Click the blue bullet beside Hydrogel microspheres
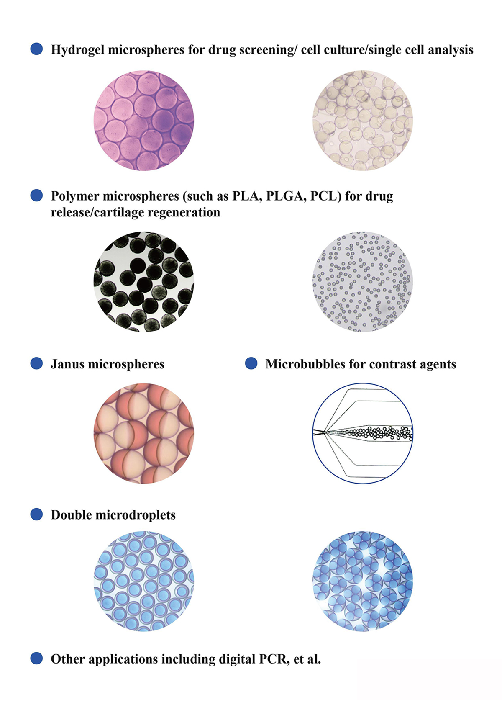[36, 49]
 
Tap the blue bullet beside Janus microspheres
[36, 363]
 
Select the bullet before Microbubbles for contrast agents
[251, 363]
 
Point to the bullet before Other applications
[36, 659]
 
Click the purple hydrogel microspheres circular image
[144, 120]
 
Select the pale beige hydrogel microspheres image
[363, 120]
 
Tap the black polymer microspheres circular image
[144, 282]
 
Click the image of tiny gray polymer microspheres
[363, 282]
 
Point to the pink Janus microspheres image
[144, 433]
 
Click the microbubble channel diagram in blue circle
[363, 433]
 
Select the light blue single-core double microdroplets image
[144, 581]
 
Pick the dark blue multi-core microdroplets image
[363, 581]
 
